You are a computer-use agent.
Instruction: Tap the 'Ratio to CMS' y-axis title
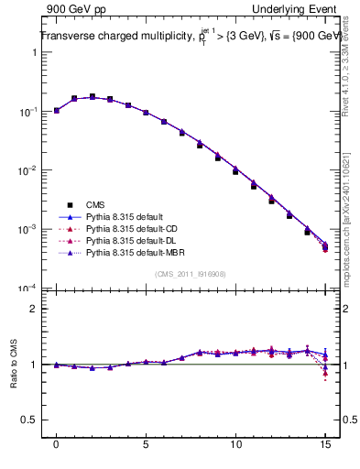pyautogui.click(x=12, y=365)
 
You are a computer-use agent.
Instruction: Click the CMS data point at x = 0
pyautogui.click(x=57, y=110)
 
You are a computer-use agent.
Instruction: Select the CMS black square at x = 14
pyautogui.click(x=307, y=232)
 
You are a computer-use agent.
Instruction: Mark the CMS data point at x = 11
pyautogui.click(x=254, y=186)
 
